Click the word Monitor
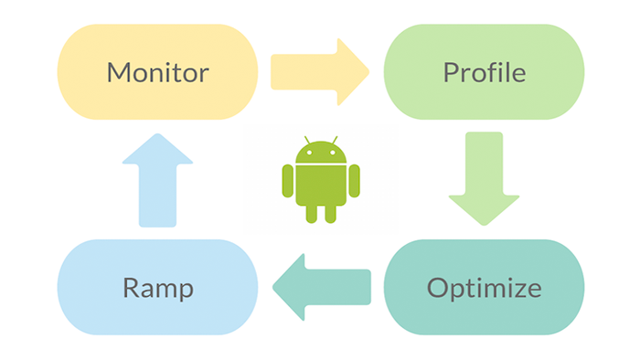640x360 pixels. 158,71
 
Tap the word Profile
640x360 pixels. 484,71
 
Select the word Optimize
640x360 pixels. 484,288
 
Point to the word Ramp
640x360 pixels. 158,288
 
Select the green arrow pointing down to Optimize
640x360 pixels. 484,178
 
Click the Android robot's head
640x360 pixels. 320,153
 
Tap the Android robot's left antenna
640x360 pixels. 306,141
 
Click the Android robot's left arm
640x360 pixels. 288,180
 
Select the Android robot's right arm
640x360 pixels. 354,180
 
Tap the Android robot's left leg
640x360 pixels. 311,212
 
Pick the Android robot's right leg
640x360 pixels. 330,212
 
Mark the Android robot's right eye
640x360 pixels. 331,153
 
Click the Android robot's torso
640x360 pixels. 320,183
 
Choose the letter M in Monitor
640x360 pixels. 119,71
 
